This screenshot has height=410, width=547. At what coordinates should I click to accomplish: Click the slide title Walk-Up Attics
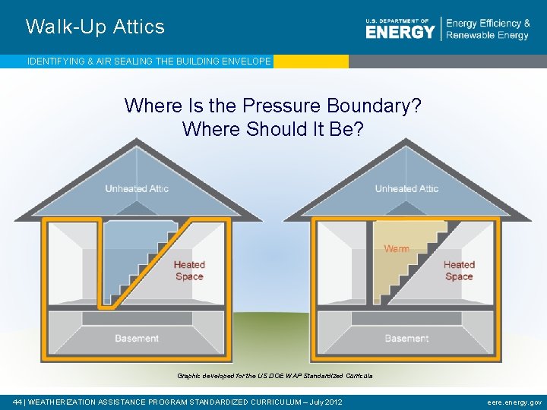(x=95, y=27)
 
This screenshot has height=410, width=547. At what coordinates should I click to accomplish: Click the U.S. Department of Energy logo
(x=400, y=29)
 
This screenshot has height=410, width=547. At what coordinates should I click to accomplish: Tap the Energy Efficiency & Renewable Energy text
(x=487, y=29)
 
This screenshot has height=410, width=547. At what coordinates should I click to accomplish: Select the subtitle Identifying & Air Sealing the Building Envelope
(x=149, y=61)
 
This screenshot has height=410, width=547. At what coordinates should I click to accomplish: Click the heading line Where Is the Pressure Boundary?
(x=273, y=106)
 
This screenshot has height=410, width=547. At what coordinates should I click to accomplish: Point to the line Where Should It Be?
(x=273, y=129)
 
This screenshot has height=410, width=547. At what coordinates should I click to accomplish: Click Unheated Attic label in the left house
(x=137, y=188)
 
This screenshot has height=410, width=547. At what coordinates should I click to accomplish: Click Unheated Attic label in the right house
(x=406, y=188)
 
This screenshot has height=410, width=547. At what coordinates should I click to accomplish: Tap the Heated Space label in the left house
(x=189, y=270)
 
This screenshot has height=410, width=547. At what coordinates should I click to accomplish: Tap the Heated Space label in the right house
(x=459, y=270)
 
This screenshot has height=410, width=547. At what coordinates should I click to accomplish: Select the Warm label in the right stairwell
(x=397, y=248)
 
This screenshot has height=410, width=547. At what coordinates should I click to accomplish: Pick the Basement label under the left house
(x=137, y=338)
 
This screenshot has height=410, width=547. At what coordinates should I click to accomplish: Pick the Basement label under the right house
(x=406, y=338)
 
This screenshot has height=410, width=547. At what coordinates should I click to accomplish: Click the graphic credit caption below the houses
(x=274, y=376)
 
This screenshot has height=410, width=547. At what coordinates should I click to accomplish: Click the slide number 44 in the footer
(x=17, y=402)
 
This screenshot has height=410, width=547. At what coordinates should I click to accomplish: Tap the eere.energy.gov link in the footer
(x=514, y=402)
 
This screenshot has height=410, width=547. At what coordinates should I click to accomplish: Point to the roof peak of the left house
(x=138, y=140)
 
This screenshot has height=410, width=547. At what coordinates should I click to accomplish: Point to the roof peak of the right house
(x=407, y=140)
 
